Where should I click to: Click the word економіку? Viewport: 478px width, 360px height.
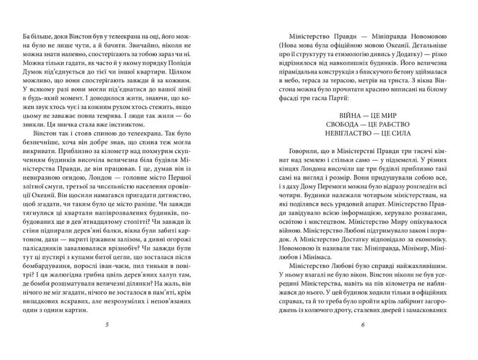pyautogui.click(x=429, y=236)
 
